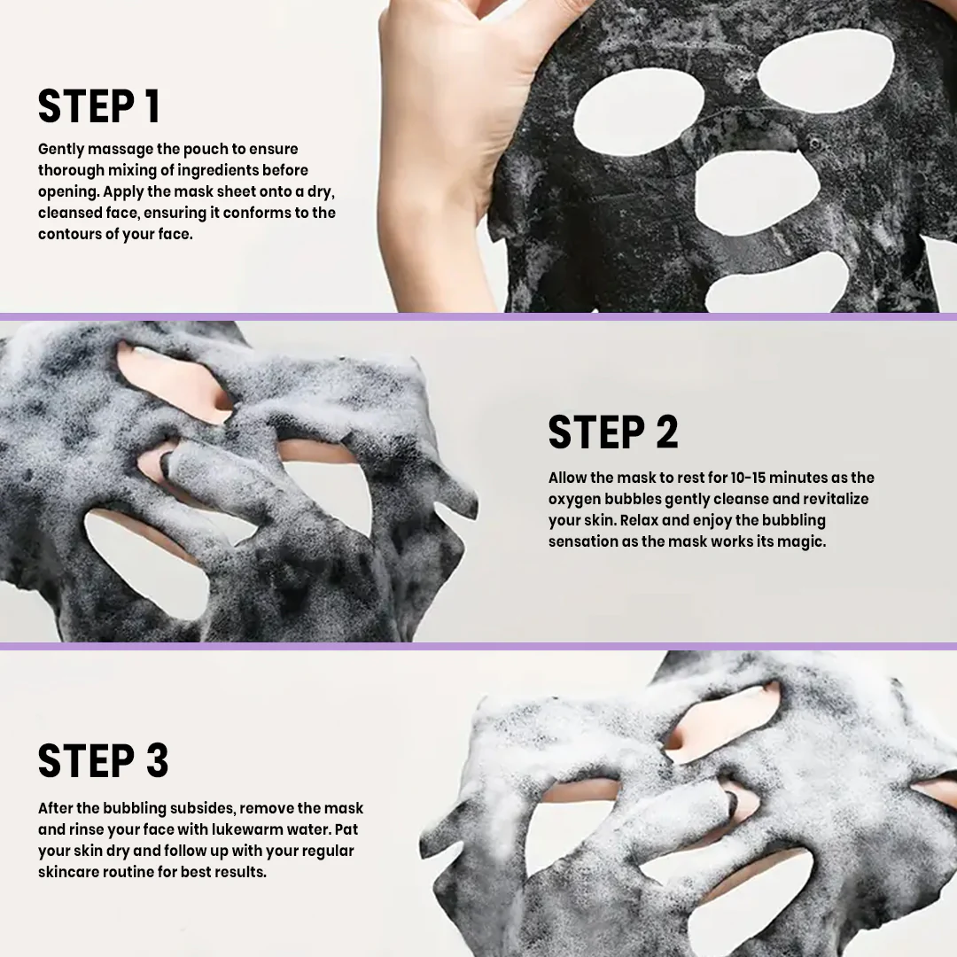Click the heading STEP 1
click(x=99, y=107)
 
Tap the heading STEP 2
click(x=613, y=432)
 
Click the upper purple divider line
click(x=478, y=316)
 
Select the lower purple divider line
click(x=478, y=646)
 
